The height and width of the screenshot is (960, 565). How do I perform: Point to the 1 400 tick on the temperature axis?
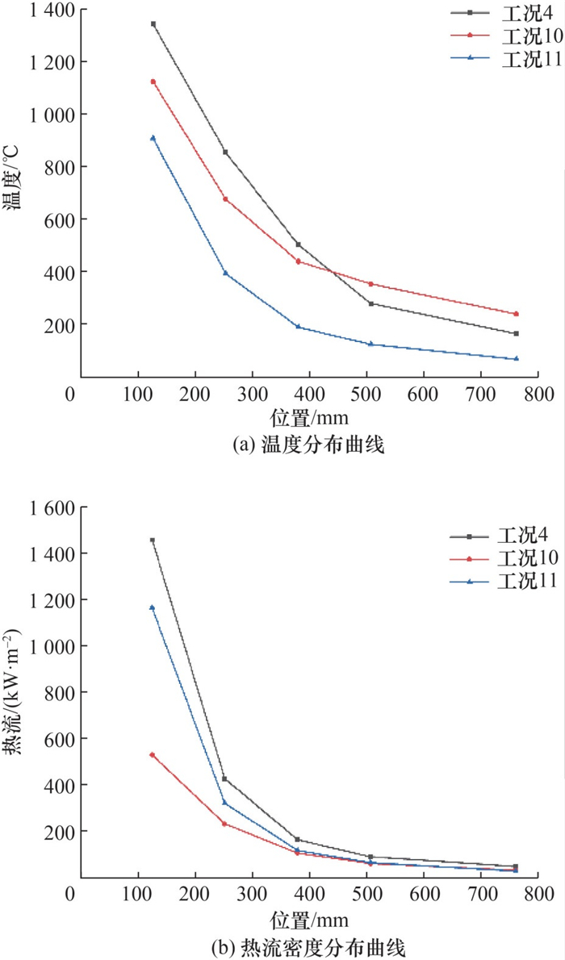pos(48,10)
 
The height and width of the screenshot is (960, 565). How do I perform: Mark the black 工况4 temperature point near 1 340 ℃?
pos(153,24)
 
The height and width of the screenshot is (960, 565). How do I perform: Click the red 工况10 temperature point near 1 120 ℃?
pos(153,81)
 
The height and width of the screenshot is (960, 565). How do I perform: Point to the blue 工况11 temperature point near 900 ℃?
pos(153,138)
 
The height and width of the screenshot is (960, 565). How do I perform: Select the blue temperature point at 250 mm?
pos(226,273)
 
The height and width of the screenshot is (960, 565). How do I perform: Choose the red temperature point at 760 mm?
pos(516,314)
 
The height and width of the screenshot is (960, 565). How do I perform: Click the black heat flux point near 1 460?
pos(153,540)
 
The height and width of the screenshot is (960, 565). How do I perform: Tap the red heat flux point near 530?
pos(153,755)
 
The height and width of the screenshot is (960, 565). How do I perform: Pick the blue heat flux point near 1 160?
pos(153,607)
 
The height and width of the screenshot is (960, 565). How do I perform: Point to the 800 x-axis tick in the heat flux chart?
pos(538,895)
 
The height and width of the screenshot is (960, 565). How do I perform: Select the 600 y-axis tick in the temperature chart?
pos(54,219)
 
